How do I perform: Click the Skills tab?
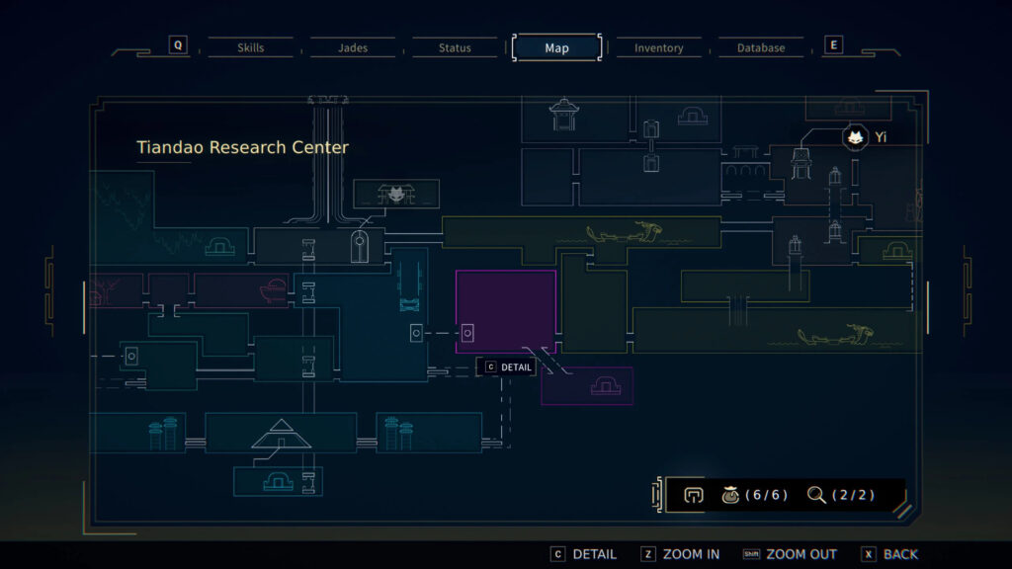(250, 47)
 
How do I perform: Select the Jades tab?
(353, 47)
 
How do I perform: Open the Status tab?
(455, 47)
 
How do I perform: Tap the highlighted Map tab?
(557, 47)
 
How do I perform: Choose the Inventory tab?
(658, 47)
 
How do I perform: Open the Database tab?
(761, 47)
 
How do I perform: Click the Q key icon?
(178, 45)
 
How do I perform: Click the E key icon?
(834, 45)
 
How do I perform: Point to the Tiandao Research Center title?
(243, 148)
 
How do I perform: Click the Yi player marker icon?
(855, 137)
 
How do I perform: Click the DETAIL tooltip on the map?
(509, 367)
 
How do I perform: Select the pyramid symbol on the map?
(282, 434)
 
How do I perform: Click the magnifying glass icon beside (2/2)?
(816, 495)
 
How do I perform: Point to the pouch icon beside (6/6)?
(730, 495)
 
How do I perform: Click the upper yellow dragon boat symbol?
(625, 232)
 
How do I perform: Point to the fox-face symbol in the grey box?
(396, 194)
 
